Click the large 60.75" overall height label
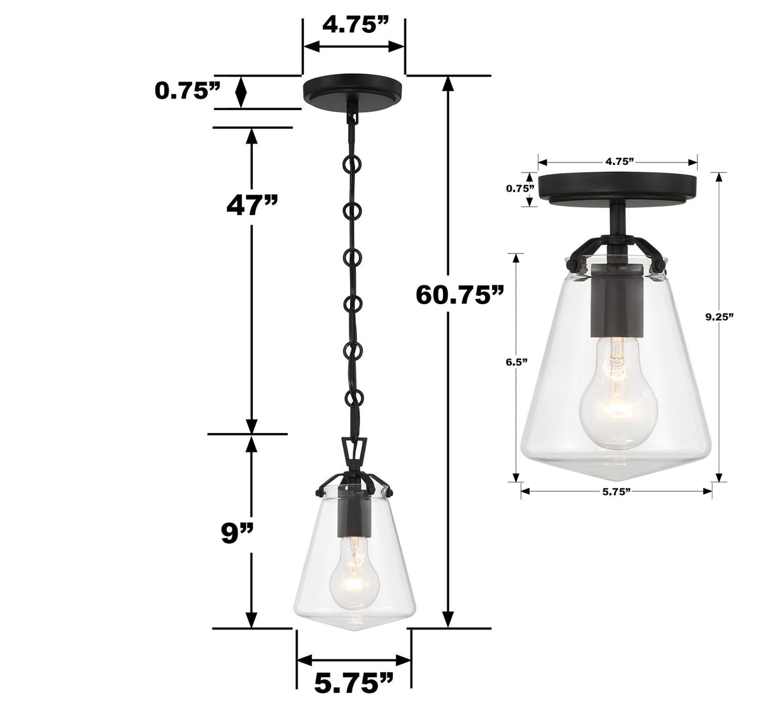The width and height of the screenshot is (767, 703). (460, 295)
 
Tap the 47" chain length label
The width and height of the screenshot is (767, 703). (252, 205)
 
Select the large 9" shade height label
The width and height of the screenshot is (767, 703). (237, 533)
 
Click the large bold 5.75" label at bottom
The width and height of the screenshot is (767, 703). (353, 682)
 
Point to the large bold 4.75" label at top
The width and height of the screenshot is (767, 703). (354, 25)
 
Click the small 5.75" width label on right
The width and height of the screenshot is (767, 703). (617, 491)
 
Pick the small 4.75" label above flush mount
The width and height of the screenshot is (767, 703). (619, 161)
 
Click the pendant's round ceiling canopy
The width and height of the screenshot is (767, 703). (353, 88)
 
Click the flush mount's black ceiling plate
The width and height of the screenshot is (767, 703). (617, 187)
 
